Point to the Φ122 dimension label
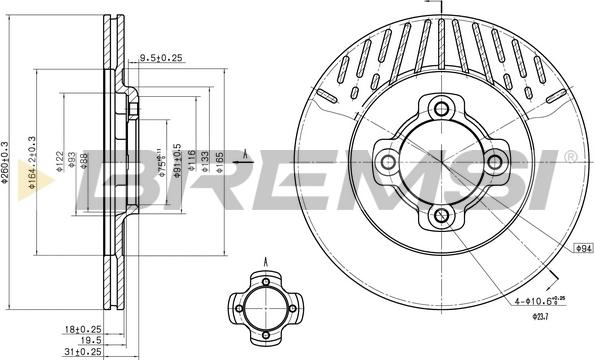tap(59, 162)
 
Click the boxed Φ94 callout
tap(582, 246)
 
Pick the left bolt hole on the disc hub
tap(386, 161)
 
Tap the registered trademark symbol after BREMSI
tap(569, 157)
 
